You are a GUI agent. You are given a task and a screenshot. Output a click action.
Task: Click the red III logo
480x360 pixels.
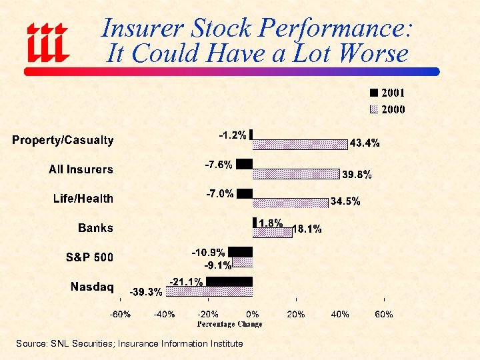point(47,41)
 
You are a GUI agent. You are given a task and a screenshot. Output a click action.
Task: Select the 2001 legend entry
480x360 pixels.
point(387,93)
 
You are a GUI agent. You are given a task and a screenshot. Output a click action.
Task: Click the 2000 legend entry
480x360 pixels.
point(387,109)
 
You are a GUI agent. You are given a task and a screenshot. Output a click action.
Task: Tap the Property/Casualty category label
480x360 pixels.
point(63,141)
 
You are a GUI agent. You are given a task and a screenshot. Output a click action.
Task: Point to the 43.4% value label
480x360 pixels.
point(365,143)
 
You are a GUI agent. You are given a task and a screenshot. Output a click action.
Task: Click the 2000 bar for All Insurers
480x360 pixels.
point(296,173)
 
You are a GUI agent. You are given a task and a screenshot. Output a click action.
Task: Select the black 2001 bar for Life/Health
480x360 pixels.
point(245,193)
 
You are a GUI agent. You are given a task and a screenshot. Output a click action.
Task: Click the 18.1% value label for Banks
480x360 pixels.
point(307,229)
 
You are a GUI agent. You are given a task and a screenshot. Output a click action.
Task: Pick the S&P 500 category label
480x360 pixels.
point(89,257)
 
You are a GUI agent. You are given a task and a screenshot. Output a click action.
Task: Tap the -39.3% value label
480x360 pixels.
point(145,292)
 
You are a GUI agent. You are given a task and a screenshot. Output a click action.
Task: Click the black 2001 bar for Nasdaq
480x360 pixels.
point(229,281)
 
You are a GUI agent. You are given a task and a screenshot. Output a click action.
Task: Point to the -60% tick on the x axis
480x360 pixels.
point(120,314)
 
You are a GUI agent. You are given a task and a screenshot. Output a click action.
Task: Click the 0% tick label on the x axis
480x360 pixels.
point(253,314)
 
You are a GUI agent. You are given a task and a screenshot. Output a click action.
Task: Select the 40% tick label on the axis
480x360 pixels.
point(340,314)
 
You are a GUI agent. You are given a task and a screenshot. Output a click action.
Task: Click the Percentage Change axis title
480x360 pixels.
point(229,324)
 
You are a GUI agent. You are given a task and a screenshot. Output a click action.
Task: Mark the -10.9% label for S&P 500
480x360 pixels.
point(208,253)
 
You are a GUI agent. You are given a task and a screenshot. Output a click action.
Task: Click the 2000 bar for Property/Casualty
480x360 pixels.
point(300,144)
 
